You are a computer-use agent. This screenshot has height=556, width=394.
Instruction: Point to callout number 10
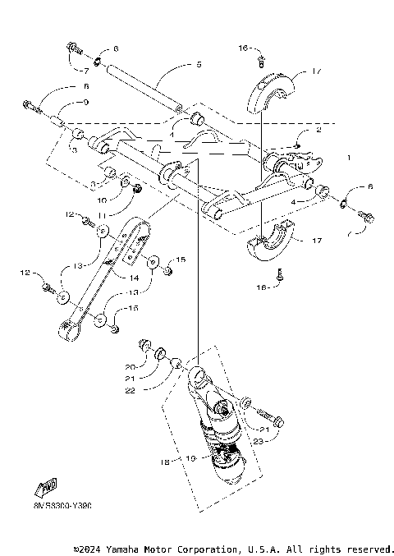click(x=102, y=200)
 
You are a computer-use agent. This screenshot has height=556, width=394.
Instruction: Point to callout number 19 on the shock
click(x=191, y=458)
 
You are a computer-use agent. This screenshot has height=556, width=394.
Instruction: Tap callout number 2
click(x=318, y=130)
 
